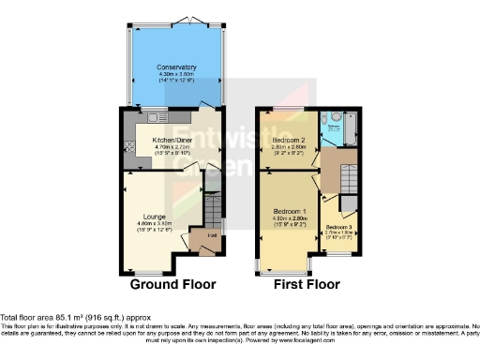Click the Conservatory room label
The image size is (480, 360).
pos(177,67)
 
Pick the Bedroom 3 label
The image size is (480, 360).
pos(338,227)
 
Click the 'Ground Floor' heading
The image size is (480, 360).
pos(172,284)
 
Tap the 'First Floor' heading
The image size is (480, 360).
pos(307,284)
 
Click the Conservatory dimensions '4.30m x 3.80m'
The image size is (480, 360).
pos(177,74)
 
